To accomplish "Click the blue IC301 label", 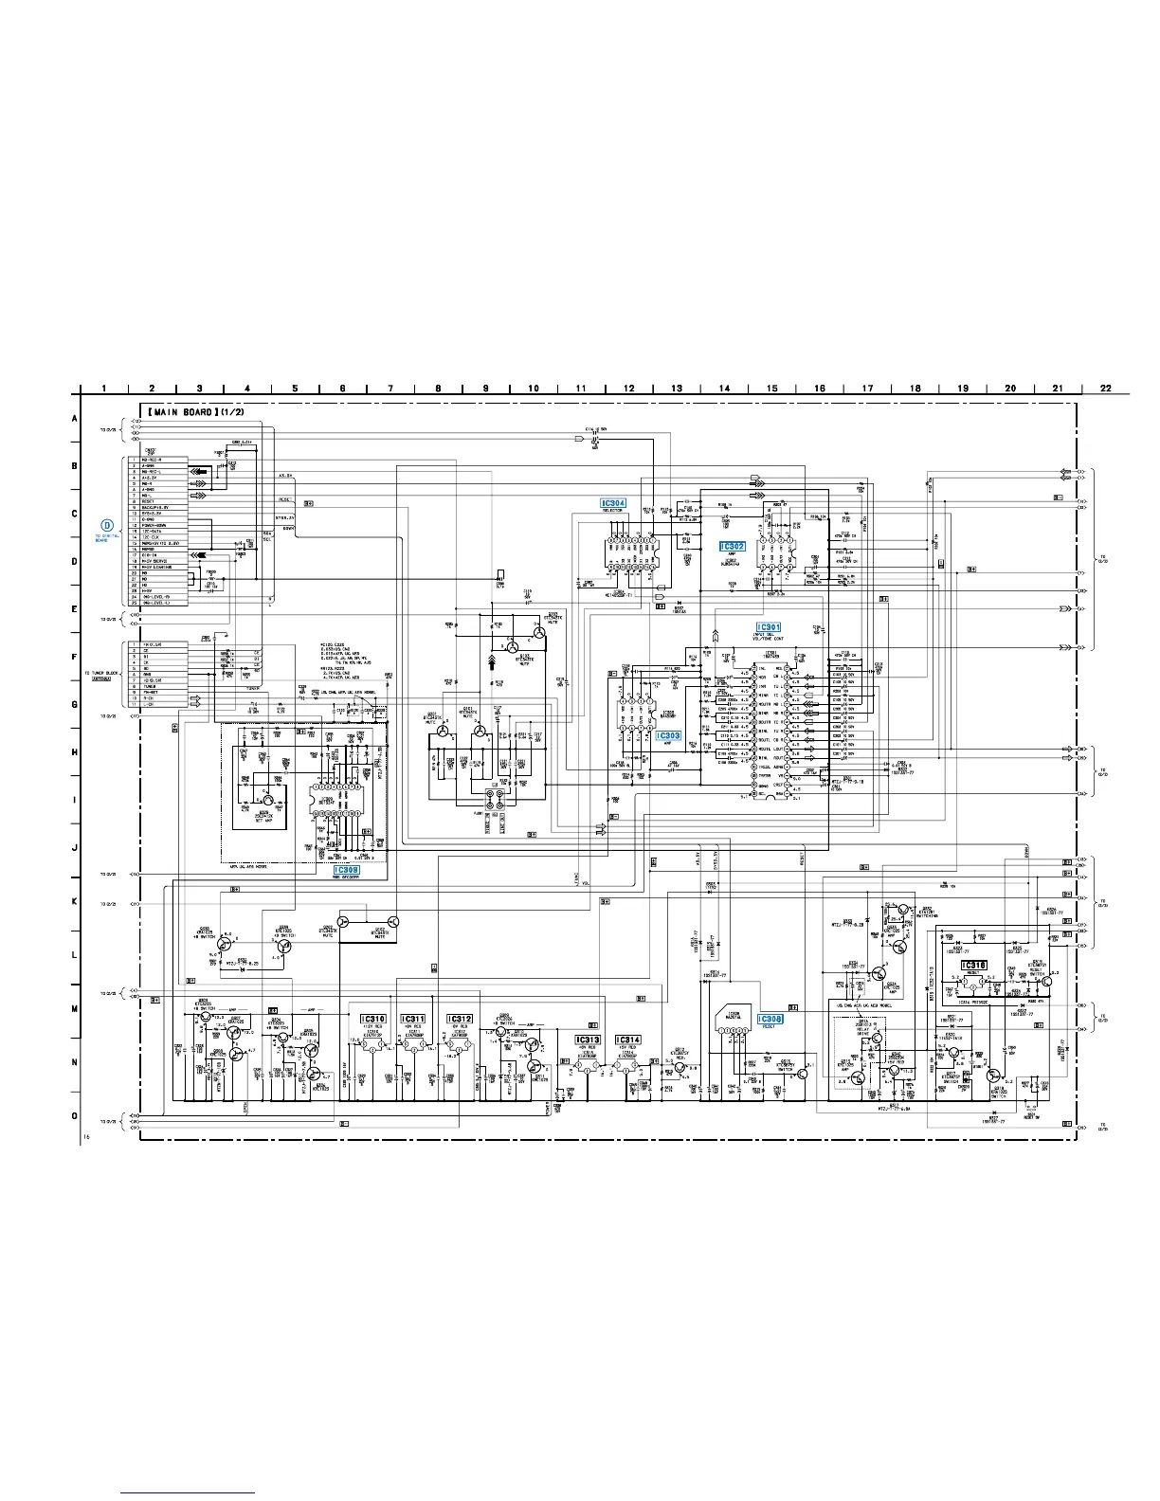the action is [x=768, y=627].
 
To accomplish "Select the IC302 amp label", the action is [x=733, y=547].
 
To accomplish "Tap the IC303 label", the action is [x=668, y=735].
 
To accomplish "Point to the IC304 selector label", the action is [x=613, y=503].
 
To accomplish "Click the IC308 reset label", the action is [x=770, y=1020].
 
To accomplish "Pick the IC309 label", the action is [x=347, y=869].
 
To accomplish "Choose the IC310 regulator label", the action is [x=373, y=1020].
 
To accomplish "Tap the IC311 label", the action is [x=414, y=1020].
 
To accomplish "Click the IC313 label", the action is [x=588, y=1040].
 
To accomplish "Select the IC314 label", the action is [x=627, y=1040].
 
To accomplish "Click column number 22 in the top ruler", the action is [x=1105, y=388].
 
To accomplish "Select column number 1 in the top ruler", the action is [x=103, y=388].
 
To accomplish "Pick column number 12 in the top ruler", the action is [x=628, y=388].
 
